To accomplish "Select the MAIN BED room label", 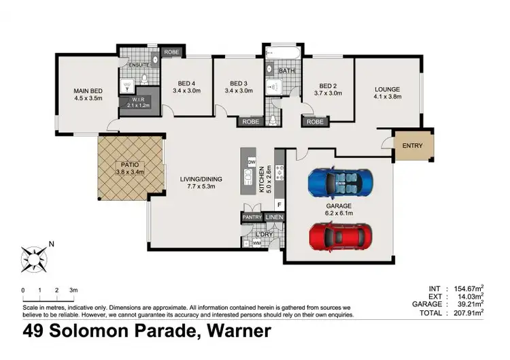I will click(88, 90).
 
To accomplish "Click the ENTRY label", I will click(412, 145).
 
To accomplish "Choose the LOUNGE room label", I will click(388, 89).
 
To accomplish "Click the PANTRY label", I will click(252, 217).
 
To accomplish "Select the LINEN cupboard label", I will click(275, 217).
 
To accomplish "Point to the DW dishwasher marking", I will click(251, 163).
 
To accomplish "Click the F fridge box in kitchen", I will click(279, 203).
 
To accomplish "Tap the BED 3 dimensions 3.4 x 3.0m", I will click(243, 91).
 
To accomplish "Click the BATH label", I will click(286, 70).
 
